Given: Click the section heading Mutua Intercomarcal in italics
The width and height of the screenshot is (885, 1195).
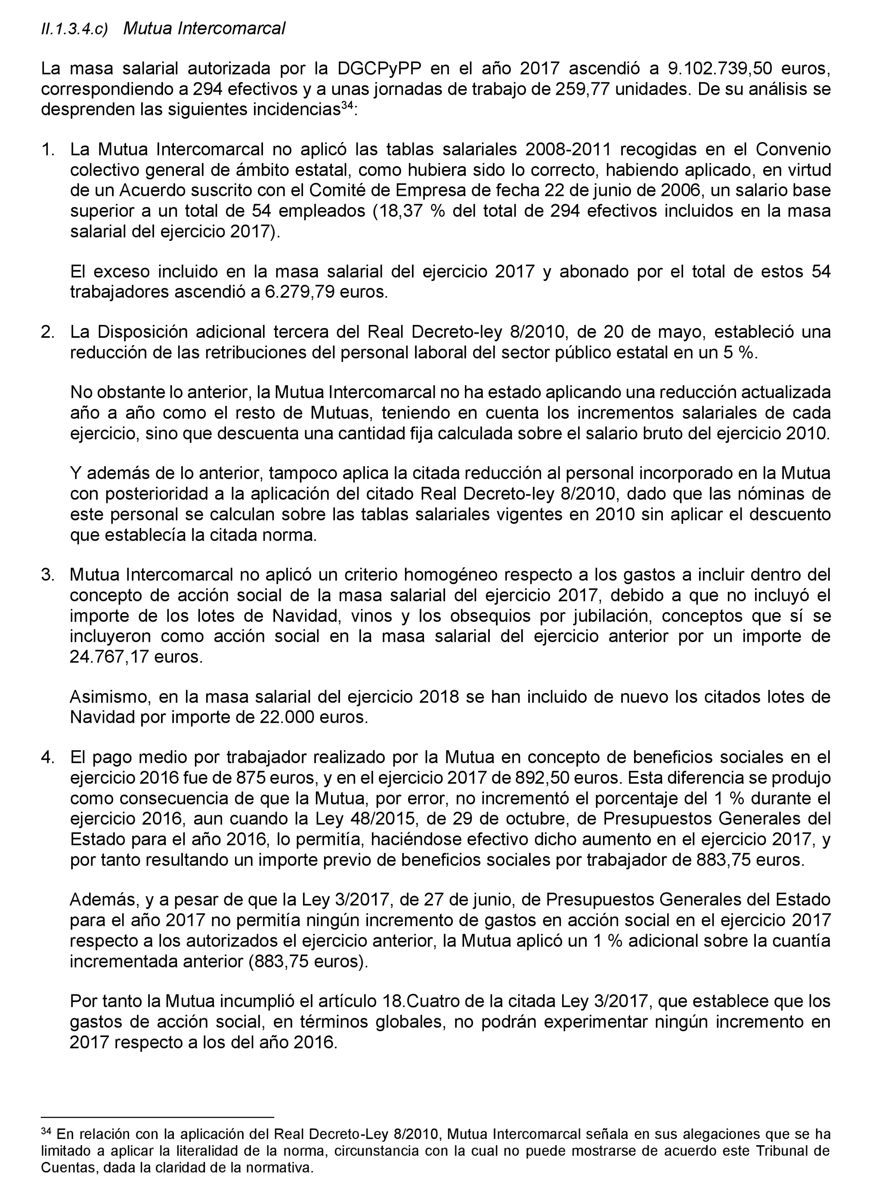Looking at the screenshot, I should click(x=204, y=28).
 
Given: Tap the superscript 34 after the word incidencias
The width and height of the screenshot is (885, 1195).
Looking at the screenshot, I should click(x=347, y=105).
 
